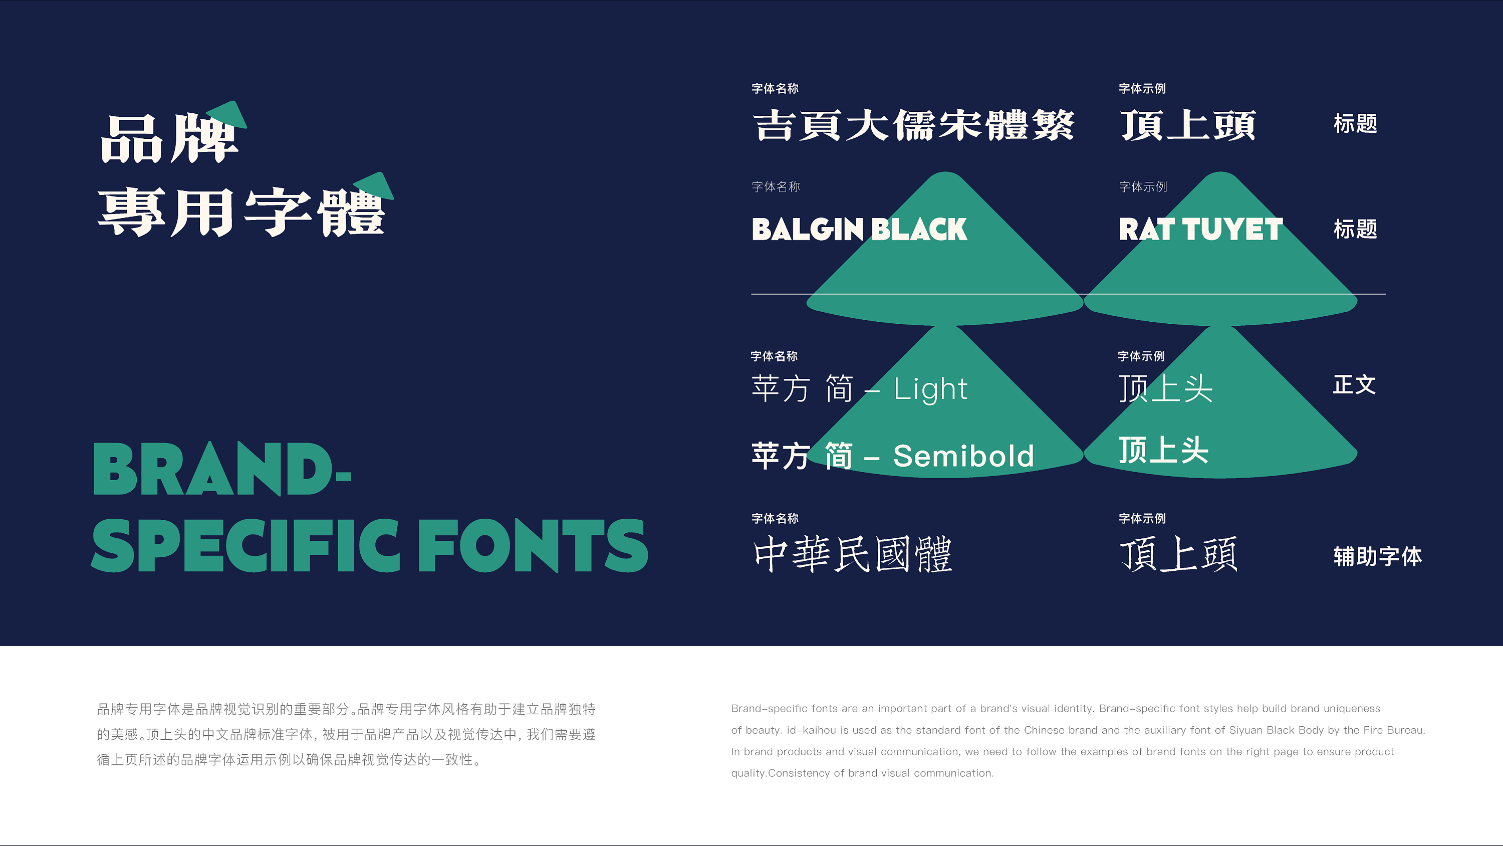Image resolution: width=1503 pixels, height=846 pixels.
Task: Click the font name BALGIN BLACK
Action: [x=859, y=229]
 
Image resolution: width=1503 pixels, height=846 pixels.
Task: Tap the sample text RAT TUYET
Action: [x=1201, y=229]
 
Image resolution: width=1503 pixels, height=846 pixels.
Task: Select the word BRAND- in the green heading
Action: [x=222, y=469]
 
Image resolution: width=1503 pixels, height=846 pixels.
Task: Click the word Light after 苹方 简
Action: [x=931, y=389]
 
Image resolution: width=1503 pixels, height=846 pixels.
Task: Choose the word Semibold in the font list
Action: [x=964, y=456]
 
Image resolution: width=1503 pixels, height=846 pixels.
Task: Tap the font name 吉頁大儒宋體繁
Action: [x=914, y=125]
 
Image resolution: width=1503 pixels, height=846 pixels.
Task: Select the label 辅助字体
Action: [x=1378, y=556]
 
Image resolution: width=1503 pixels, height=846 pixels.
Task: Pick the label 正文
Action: [x=1354, y=385]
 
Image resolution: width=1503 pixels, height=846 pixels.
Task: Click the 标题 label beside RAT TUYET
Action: [x=1355, y=229]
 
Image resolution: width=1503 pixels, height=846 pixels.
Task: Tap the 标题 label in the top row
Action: [x=1355, y=124]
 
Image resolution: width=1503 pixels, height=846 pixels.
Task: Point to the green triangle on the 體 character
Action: [x=375, y=186]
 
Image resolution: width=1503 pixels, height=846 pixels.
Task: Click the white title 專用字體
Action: [x=241, y=212]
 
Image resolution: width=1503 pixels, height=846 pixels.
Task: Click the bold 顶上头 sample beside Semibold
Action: [x=1163, y=450]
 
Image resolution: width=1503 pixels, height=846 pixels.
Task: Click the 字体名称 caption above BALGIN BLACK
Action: [x=776, y=187]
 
